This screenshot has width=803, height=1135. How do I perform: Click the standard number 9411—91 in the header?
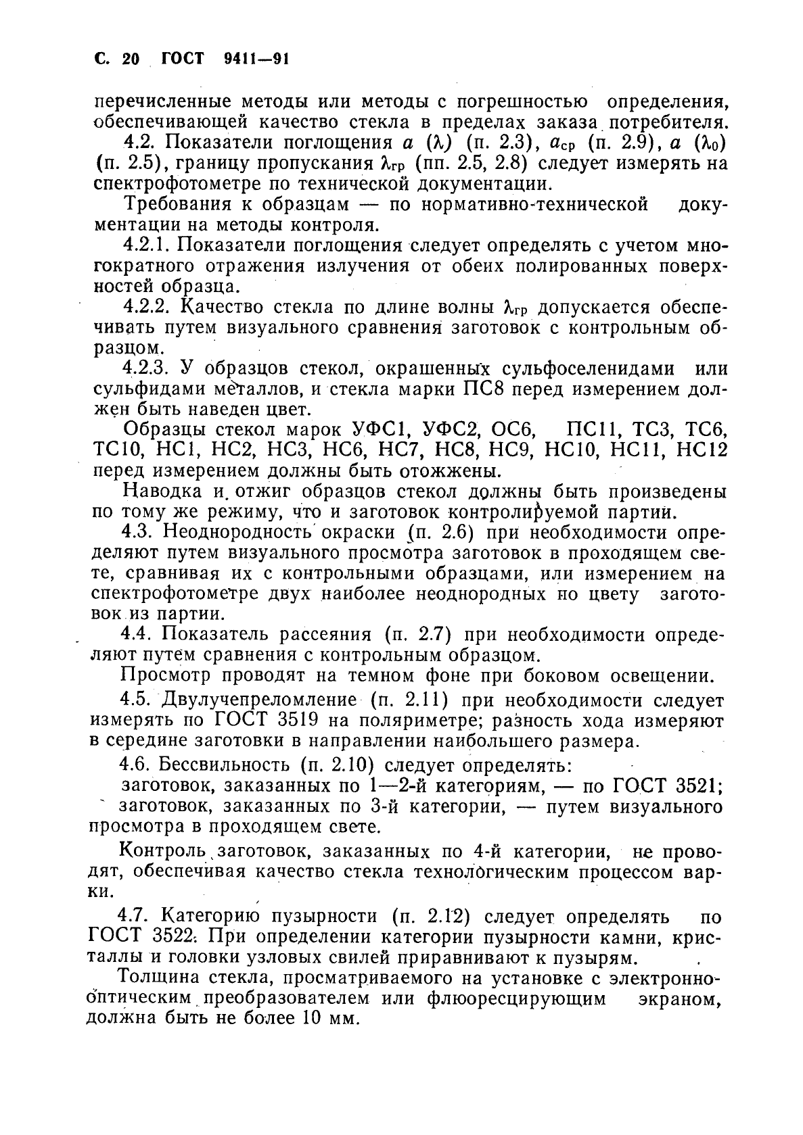point(256,59)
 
